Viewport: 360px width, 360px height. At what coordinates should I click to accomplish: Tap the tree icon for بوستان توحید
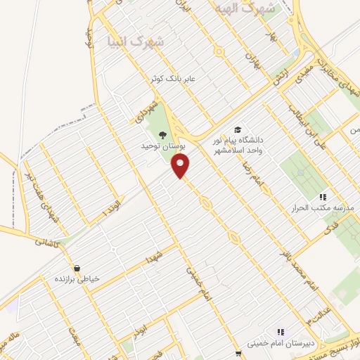[163, 136]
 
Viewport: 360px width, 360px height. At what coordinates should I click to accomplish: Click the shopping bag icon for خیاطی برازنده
[77, 268]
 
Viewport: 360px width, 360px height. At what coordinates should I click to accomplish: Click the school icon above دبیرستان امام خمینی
[280, 332]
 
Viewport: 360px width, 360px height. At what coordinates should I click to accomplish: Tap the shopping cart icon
[239, 353]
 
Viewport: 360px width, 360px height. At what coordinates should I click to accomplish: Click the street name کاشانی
[48, 240]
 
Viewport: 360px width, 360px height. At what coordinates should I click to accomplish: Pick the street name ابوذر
[140, 328]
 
